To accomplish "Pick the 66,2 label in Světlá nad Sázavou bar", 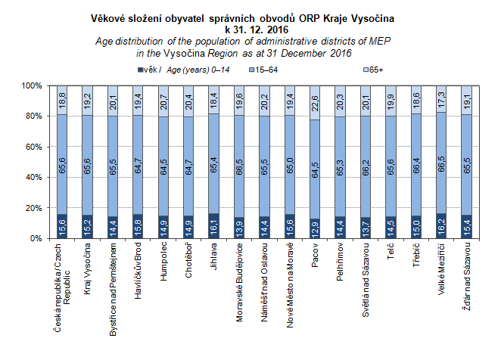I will coord(366,176).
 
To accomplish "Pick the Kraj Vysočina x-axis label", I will coord(86,268).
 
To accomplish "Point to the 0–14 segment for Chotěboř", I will coord(188,226).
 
